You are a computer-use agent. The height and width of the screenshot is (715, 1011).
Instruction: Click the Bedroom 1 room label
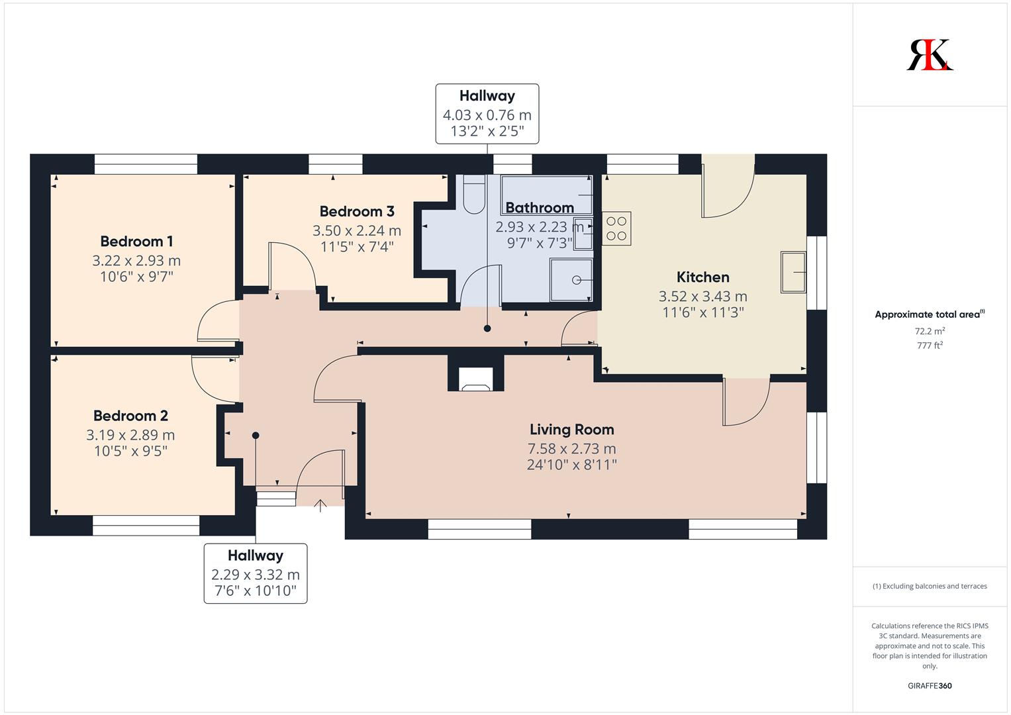point(136,242)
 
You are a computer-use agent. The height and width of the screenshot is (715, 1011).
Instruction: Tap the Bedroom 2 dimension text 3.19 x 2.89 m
point(130,435)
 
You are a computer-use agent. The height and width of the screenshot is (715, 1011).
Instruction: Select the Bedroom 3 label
point(357,211)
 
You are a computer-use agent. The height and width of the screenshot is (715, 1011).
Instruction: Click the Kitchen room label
point(702,277)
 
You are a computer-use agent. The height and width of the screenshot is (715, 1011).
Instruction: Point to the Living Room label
point(572,429)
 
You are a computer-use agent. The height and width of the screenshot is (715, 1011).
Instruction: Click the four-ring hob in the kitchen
point(616,228)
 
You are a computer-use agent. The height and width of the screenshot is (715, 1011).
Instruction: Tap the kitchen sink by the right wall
point(793,272)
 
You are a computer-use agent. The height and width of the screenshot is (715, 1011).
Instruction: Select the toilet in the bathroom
point(473,195)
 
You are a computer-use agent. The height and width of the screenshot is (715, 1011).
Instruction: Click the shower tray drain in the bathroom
point(577,280)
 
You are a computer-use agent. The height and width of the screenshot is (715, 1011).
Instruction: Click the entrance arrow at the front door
point(320,506)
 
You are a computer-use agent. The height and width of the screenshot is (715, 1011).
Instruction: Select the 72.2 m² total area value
point(930,331)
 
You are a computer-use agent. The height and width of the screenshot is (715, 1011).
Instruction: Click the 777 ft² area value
point(930,346)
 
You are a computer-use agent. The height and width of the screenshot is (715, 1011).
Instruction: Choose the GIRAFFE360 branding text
point(930,686)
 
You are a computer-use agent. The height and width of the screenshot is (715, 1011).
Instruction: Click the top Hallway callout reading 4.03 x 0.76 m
point(487,114)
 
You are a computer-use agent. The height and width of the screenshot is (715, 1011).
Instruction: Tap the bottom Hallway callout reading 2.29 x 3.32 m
point(256,573)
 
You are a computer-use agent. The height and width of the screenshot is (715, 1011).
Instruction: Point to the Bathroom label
point(540,208)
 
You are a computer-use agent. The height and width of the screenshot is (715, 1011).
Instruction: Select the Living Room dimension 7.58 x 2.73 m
point(572,449)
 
